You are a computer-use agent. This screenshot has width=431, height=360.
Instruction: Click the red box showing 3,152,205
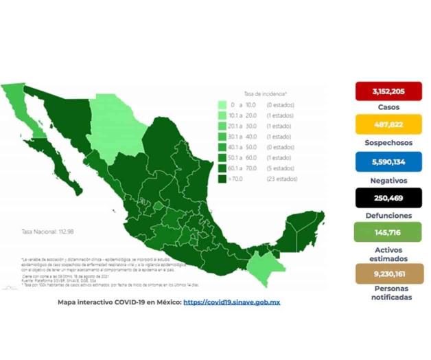388,91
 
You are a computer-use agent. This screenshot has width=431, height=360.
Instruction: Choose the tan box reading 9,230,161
388,273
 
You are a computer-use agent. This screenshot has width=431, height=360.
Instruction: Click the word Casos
388,107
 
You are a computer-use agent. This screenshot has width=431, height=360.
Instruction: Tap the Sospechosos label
388,143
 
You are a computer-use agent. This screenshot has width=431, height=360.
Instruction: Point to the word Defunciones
388,215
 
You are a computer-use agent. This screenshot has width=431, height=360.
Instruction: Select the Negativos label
388,180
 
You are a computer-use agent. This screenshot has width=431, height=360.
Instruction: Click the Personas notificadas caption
388,294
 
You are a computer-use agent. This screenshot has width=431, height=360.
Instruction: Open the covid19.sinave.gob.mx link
231,302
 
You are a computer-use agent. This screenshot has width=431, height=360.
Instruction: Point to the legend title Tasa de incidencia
266,92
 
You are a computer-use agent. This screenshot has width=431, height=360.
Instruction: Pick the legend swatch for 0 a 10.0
222,105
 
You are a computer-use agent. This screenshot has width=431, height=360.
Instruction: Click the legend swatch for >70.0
222,179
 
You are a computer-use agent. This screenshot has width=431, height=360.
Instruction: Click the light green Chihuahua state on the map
115,122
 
